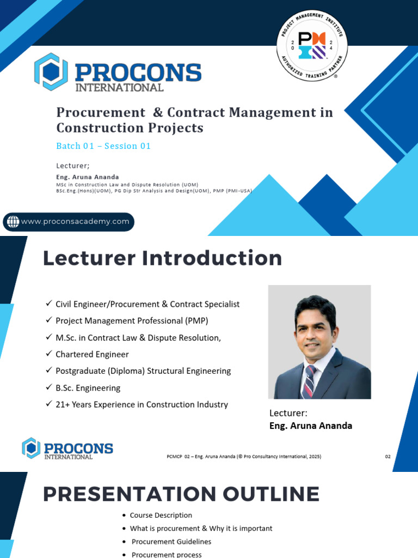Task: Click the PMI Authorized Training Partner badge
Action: (x=312, y=46)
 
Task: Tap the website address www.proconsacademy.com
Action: (x=75, y=221)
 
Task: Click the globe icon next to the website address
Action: (x=13, y=221)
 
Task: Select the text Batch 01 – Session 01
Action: (x=103, y=146)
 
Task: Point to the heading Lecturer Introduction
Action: (x=162, y=258)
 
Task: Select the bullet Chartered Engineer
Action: (x=92, y=354)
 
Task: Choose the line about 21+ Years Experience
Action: (x=142, y=404)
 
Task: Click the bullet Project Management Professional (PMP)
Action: (x=132, y=320)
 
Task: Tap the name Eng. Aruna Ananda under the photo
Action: (x=311, y=426)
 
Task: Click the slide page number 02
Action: (x=388, y=457)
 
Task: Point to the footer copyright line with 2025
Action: (x=243, y=457)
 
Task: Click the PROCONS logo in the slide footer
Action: (x=67, y=448)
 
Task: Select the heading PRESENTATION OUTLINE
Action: (x=181, y=494)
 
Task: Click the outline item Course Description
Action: (x=161, y=515)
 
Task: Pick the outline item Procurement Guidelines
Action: (x=171, y=542)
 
